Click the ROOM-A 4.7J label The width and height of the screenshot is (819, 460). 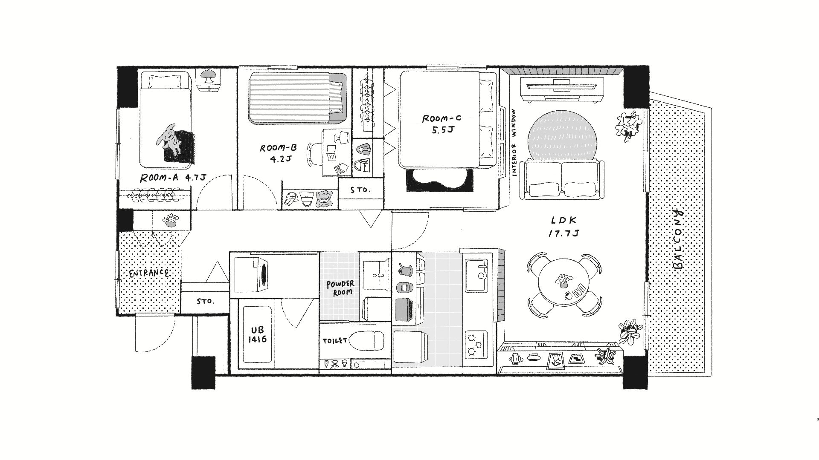(170, 178)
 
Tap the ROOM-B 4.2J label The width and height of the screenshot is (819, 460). (278, 154)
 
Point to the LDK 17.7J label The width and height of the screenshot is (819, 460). (564, 227)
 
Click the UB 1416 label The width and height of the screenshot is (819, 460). (258, 335)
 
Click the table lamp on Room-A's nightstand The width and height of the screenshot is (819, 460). (209, 78)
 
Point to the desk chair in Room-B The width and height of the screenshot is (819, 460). (314, 154)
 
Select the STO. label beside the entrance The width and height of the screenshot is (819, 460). (205, 302)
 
